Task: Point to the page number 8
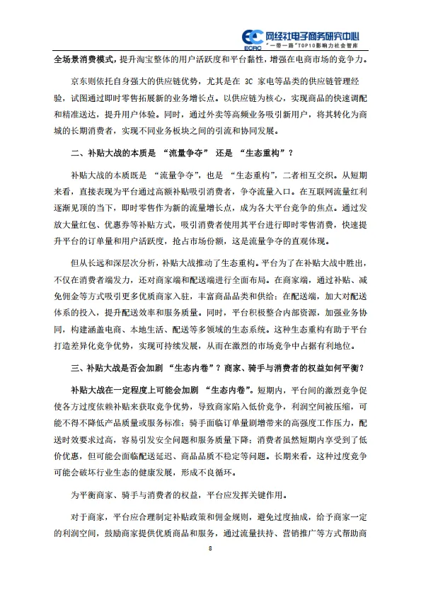pos(210,548)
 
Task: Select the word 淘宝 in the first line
pos(171,60)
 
